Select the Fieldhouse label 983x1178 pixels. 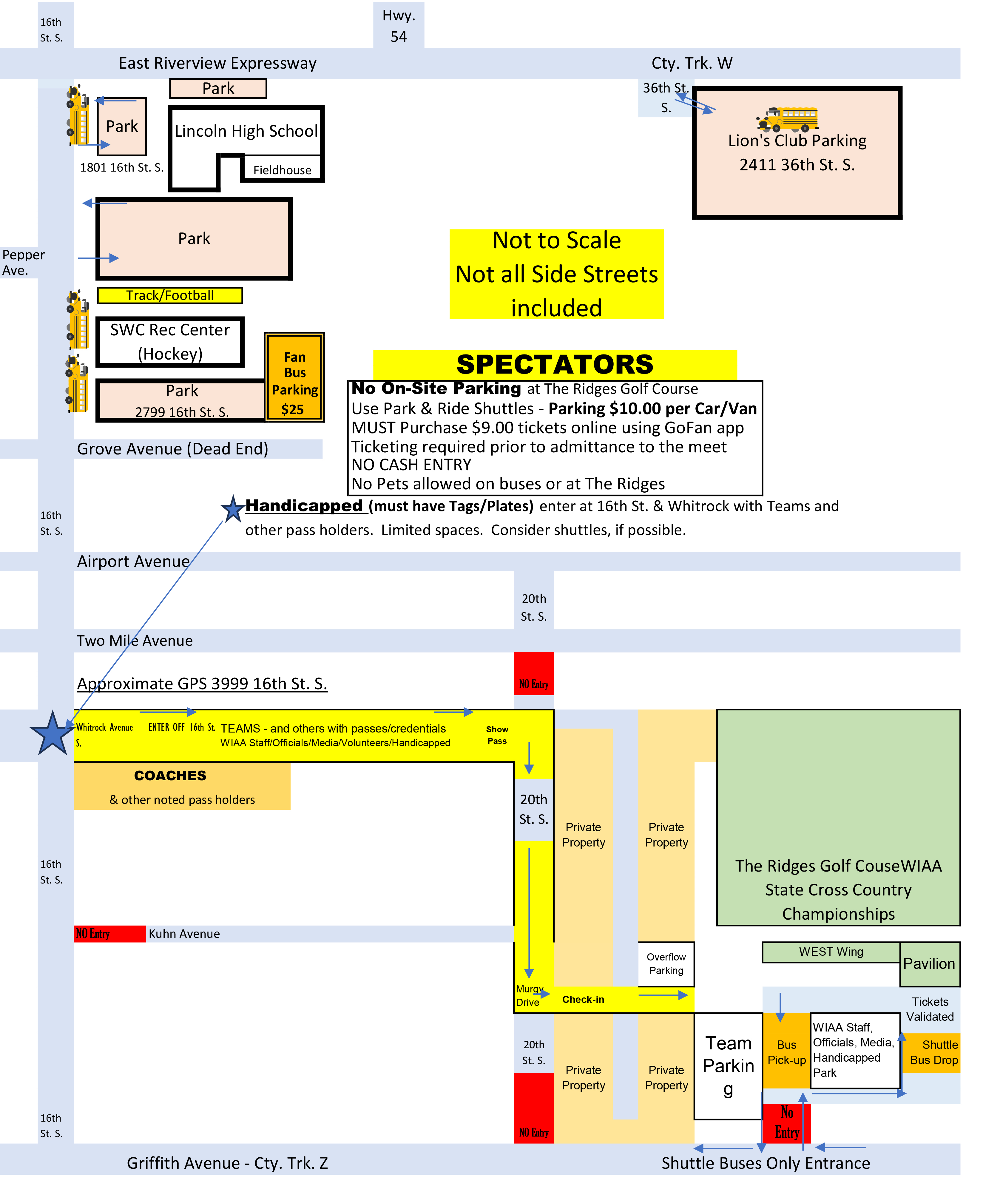282,170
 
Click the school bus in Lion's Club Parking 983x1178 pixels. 787,119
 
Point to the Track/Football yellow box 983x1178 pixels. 170,296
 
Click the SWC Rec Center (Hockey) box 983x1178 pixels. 170,342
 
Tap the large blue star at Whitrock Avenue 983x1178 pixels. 52,734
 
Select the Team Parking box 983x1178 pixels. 728,1066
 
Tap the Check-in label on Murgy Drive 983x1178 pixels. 583,1000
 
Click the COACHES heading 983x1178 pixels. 170,776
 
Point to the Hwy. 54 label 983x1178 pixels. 399,26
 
